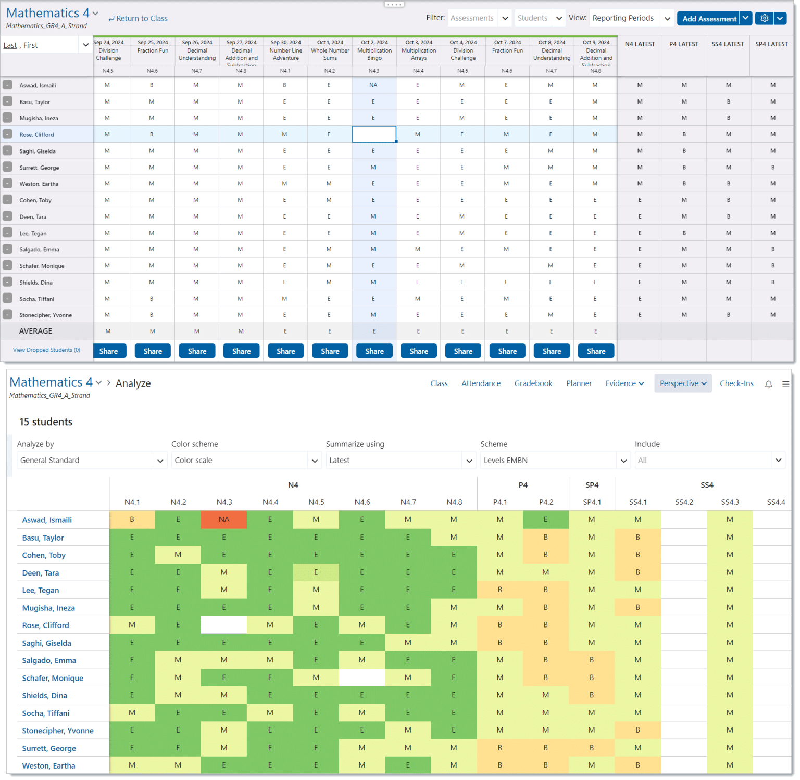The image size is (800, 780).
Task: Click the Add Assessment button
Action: [709, 19]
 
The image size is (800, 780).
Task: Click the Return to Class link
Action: [138, 19]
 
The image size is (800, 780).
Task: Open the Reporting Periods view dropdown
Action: [631, 18]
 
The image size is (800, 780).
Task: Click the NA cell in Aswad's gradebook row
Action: [373, 85]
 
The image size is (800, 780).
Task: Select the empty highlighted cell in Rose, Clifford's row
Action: [374, 134]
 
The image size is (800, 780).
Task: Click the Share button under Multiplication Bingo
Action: [374, 351]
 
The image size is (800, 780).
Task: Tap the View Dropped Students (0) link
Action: [46, 350]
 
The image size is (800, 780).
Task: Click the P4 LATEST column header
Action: [683, 44]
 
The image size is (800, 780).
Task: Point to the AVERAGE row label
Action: [35, 331]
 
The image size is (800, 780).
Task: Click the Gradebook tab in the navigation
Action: [533, 383]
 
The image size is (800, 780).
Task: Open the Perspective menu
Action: [682, 383]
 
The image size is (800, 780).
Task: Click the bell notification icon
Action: [768, 384]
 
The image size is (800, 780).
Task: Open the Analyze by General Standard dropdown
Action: [91, 461]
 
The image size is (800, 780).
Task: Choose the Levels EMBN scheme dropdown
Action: [555, 461]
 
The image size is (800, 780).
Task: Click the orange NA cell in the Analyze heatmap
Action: [224, 519]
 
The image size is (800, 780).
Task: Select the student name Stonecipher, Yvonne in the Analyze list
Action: [58, 731]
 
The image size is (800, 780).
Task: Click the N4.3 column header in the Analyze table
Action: [224, 502]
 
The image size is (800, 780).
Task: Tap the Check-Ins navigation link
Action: [736, 383]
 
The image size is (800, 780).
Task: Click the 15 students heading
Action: [46, 422]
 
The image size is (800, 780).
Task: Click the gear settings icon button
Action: [764, 18]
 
